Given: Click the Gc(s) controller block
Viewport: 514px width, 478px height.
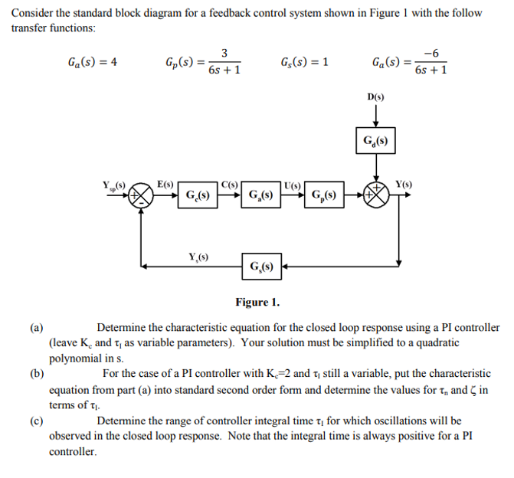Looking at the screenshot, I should pyautogui.click(x=199, y=195).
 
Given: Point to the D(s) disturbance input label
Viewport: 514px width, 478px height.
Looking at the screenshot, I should pyautogui.click(x=375, y=97).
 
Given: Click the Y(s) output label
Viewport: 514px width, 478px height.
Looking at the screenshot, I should pyautogui.click(x=404, y=184).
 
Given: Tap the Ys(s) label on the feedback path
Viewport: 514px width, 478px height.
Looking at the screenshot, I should pyautogui.click(x=199, y=256).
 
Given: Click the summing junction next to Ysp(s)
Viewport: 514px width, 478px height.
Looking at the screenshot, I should pyautogui.click(x=142, y=195).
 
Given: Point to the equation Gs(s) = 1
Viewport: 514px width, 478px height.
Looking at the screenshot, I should pyautogui.click(x=305, y=63).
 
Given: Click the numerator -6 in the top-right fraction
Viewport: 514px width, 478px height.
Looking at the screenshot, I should pyautogui.click(x=431, y=54).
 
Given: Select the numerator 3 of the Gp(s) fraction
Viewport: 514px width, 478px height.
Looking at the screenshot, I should pyautogui.click(x=224, y=54).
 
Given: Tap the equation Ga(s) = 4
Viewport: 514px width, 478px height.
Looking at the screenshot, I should pyautogui.click(x=91, y=63).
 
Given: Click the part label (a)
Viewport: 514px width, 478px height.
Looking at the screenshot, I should pyautogui.click(x=36, y=328).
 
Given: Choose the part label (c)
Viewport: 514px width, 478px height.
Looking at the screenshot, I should pyautogui.click(x=36, y=421).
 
